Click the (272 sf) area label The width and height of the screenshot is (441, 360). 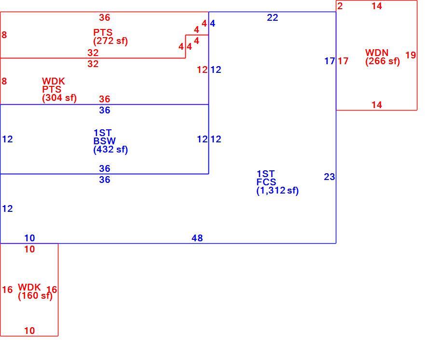(110, 41)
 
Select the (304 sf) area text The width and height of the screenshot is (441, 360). (59, 98)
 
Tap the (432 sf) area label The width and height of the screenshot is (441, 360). (110, 149)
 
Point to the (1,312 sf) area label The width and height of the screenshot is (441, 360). (277, 191)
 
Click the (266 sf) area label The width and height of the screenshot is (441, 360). (383, 61)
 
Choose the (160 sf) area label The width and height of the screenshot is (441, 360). (35, 296)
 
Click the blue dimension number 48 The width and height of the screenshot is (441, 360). (197, 238)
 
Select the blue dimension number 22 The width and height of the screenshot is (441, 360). (273, 18)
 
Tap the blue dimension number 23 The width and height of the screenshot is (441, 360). (330, 177)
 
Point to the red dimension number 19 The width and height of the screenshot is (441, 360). (411, 55)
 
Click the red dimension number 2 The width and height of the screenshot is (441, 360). (340, 6)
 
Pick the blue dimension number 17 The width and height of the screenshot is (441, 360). (330, 61)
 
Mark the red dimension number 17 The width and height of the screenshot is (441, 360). (343, 61)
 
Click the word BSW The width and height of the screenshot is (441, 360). (105, 141)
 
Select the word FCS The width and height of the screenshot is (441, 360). (266, 182)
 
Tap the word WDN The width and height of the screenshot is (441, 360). (377, 53)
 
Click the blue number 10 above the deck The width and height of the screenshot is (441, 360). (29, 238)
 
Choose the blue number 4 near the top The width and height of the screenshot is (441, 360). (213, 24)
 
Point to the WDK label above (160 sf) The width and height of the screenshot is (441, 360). (29, 287)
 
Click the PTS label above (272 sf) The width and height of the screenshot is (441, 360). (103, 32)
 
